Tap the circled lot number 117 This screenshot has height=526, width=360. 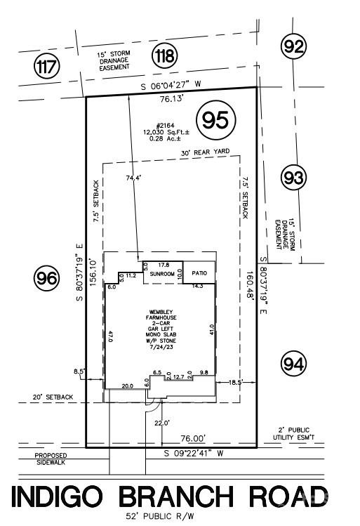coord(47,67)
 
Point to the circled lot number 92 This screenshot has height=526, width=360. coord(294,47)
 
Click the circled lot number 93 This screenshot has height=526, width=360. coord(293,178)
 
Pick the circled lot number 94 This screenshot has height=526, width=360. coord(293,364)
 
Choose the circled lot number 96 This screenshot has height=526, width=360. coord(47,279)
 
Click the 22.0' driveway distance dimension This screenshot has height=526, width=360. coord(164,422)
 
